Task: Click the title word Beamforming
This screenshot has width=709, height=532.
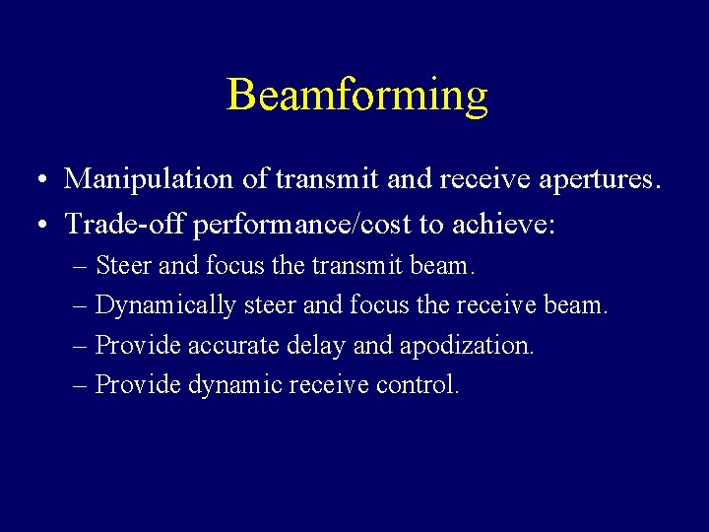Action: (x=356, y=96)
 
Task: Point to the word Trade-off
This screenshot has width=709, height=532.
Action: (x=125, y=225)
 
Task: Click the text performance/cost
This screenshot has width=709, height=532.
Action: (x=302, y=226)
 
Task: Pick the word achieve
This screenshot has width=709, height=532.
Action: (x=502, y=225)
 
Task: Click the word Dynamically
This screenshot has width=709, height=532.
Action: (x=165, y=306)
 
